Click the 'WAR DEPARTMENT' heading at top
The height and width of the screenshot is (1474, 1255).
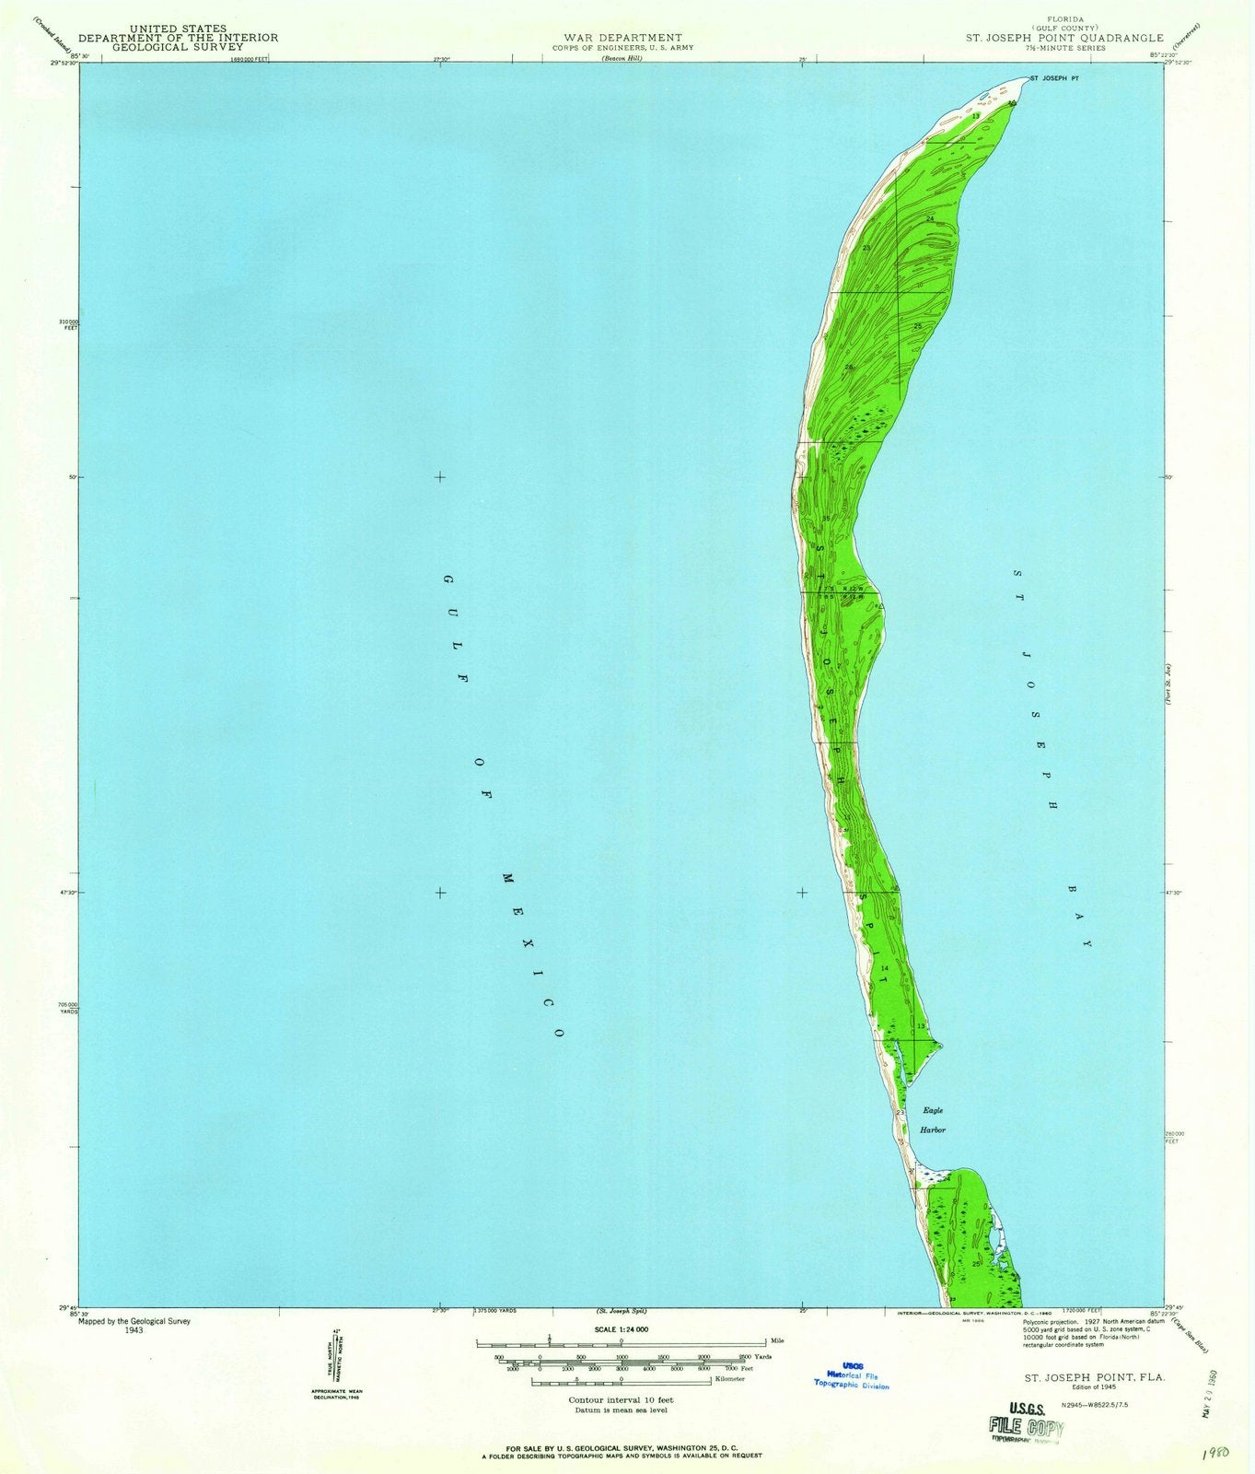click(622, 38)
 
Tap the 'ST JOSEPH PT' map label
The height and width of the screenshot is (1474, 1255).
click(1053, 79)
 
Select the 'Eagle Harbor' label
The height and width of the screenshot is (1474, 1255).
click(931, 1119)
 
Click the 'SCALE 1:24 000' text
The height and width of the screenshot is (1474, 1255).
click(622, 1329)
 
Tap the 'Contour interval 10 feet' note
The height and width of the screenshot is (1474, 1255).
click(621, 1400)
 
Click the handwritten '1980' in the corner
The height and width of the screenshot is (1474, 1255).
click(1222, 1453)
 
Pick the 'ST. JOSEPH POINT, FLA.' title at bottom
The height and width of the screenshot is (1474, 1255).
click(1095, 1376)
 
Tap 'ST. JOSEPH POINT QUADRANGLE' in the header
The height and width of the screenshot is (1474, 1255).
click(1063, 38)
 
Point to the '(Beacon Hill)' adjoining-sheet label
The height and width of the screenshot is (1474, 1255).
click(622, 58)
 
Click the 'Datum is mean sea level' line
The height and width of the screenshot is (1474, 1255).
click(621, 1410)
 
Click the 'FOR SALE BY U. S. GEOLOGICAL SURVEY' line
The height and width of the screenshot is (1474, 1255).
click(622, 1448)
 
